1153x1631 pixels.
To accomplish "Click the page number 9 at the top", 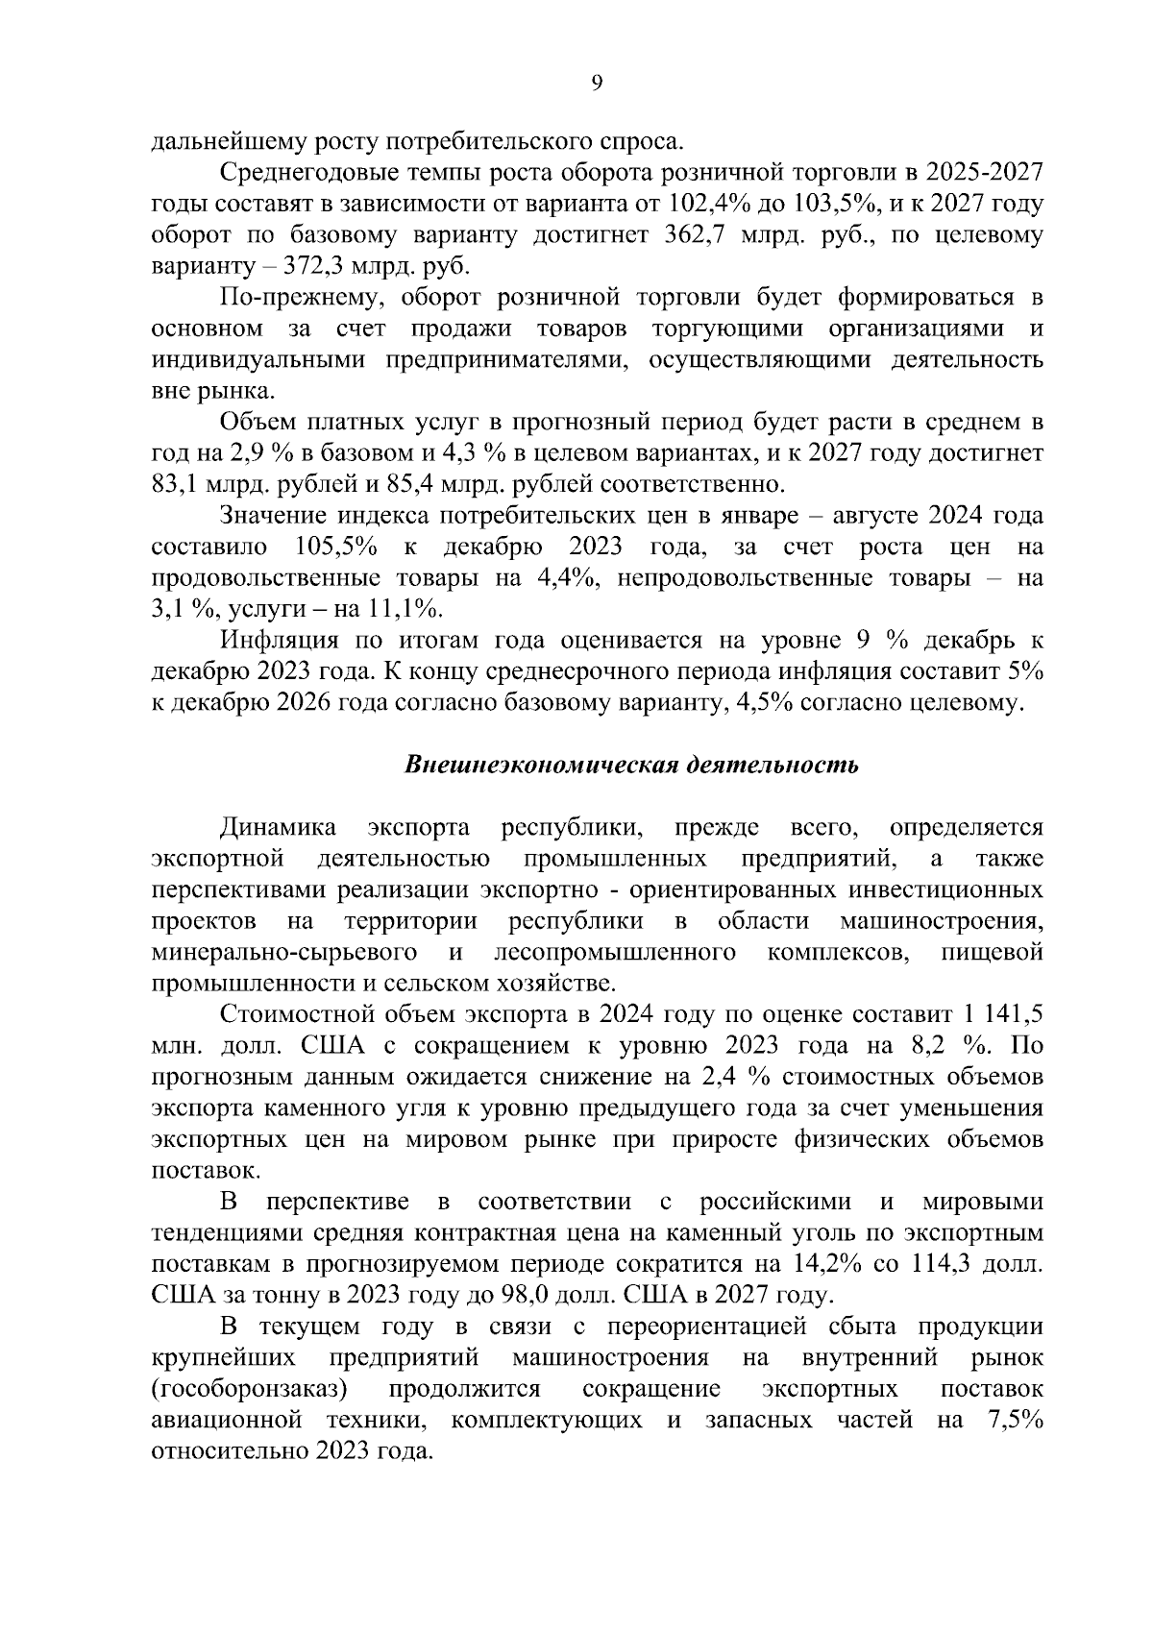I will (x=597, y=84).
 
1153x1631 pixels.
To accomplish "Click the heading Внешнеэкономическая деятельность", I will (x=630, y=765).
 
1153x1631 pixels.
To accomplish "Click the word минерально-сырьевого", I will (x=284, y=953).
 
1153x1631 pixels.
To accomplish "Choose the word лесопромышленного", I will (x=615, y=953).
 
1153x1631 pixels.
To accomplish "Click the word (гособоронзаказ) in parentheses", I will (x=250, y=1389).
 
